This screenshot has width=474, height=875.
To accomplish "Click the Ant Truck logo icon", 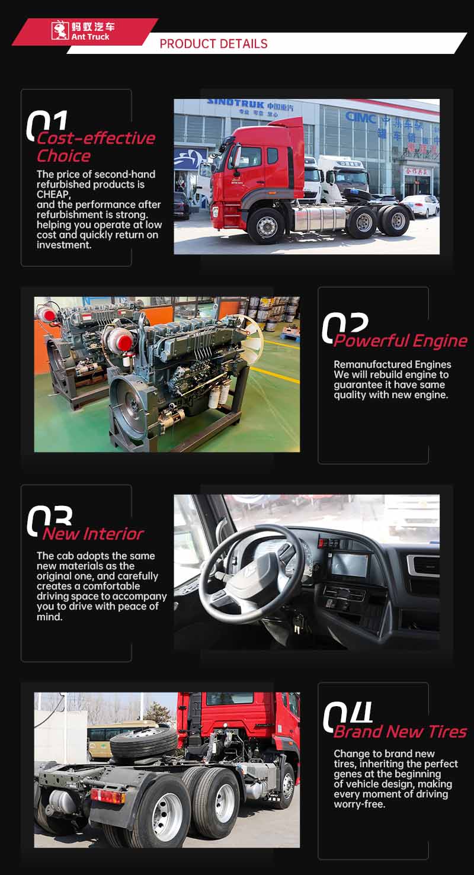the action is [x=60, y=30].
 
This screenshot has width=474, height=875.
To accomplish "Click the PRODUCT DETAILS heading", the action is [x=213, y=44].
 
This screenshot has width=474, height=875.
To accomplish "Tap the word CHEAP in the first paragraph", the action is [x=53, y=194].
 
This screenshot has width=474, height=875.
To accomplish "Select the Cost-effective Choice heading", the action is [x=96, y=147].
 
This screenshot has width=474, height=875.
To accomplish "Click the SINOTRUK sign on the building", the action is [x=235, y=104].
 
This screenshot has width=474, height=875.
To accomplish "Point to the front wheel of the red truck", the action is [x=267, y=226].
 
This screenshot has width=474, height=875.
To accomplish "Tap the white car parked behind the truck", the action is [x=421, y=206].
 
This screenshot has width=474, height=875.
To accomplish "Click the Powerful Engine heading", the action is [x=401, y=341].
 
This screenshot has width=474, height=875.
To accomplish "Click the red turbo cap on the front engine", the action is [x=125, y=342].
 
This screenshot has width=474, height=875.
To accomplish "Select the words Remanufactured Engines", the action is [x=392, y=364].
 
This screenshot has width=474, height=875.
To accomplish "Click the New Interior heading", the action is [x=93, y=534].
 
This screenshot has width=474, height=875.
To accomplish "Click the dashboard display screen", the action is [x=350, y=565].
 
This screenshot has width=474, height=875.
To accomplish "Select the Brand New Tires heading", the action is [x=400, y=732].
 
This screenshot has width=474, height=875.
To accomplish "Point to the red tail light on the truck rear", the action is [x=108, y=796].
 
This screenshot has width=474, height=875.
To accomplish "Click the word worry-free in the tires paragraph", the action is [x=360, y=805].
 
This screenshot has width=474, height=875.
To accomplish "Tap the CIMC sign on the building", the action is [x=361, y=116].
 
